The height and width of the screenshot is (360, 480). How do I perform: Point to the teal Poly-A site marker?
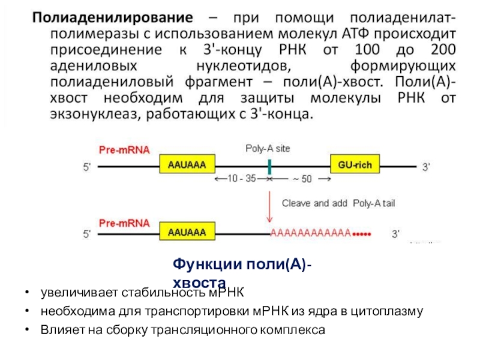tap(270, 167)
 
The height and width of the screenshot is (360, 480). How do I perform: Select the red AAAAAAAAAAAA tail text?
tap(311, 232)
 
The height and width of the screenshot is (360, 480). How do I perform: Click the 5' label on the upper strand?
tap(86, 168)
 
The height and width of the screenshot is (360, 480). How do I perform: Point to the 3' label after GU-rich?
tap(425, 168)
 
